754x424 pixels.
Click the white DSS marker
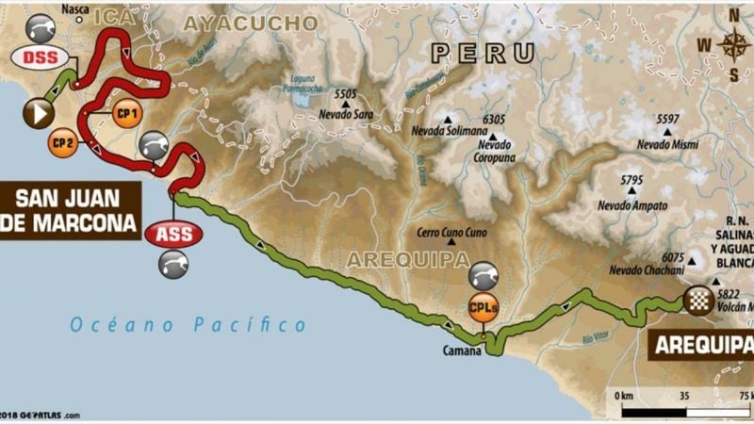[40, 57]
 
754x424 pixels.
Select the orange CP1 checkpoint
[126, 113]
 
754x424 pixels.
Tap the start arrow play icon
[39, 113]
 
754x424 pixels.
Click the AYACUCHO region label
[250, 22]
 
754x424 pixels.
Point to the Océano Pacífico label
[188, 325]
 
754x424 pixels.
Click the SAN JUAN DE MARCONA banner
[71, 211]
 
